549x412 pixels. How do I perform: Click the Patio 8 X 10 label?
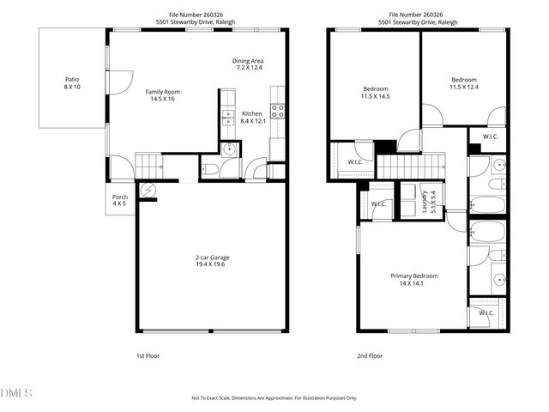click(x=71, y=82)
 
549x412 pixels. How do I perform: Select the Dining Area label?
click(x=247, y=64)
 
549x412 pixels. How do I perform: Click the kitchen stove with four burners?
click(x=278, y=110)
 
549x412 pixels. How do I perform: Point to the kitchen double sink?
click(x=228, y=118)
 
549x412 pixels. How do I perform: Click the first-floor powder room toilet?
click(x=209, y=169)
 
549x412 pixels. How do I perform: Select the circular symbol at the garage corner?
click(x=148, y=191)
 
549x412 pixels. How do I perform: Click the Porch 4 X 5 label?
click(x=120, y=200)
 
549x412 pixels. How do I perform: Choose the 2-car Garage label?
click(x=211, y=261)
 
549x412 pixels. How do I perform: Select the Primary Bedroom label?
click(x=414, y=279)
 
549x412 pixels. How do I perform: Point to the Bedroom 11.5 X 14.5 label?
click(x=376, y=93)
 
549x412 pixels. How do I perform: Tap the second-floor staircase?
click(x=411, y=165)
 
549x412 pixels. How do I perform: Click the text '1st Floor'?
click(x=148, y=355)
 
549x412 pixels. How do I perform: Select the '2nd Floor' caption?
click(x=370, y=355)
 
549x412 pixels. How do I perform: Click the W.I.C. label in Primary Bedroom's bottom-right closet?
click(x=485, y=313)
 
